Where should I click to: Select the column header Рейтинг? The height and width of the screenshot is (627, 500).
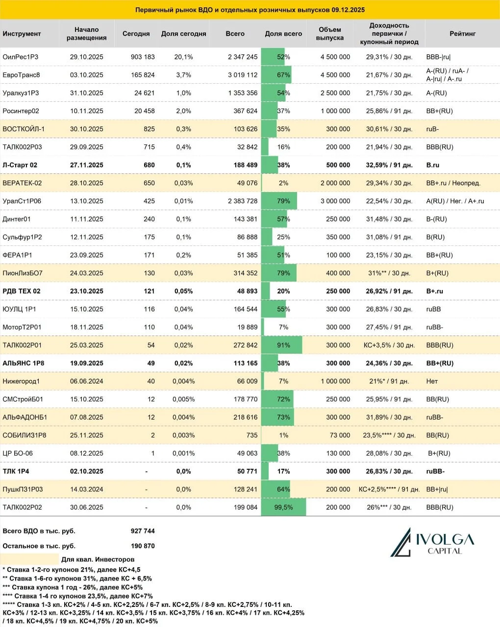462,33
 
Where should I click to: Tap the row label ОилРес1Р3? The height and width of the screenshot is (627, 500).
21,57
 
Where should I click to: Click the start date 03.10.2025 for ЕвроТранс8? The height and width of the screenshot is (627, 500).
87,75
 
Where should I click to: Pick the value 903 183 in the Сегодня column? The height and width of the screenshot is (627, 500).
143,57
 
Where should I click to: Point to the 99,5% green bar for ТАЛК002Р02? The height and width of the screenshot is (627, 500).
283,507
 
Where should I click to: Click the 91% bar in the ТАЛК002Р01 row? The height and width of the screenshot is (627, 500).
282,345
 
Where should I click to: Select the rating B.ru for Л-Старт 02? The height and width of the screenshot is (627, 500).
433,165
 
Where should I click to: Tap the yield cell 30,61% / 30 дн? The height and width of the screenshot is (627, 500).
389,129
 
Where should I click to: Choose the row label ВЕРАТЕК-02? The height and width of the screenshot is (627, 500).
22,183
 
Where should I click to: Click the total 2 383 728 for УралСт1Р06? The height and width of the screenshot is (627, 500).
243,201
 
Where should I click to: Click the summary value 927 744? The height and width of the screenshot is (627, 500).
143,531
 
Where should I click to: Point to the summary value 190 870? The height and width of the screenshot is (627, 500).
143,546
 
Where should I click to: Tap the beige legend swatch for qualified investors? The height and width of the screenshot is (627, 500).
29,559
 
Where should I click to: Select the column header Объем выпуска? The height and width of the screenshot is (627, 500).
330,33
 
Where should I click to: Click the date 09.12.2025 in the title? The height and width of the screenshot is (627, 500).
348,10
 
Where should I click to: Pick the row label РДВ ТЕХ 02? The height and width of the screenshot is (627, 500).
22,291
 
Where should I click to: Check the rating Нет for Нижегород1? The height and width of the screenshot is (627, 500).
432,381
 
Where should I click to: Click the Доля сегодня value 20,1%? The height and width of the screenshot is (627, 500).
183,57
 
